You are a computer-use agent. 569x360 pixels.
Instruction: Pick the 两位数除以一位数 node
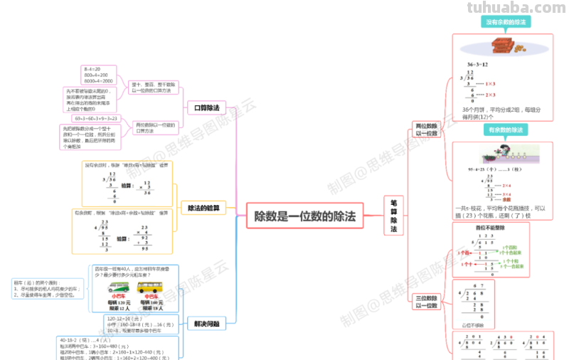tap(427, 129)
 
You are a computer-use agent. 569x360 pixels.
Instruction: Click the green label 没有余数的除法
tap(505, 23)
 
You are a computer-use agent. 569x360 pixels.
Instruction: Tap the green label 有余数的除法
tap(506, 130)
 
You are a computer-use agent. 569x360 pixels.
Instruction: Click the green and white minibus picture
tap(118, 288)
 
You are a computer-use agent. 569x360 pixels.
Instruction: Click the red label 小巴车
tap(118, 297)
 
